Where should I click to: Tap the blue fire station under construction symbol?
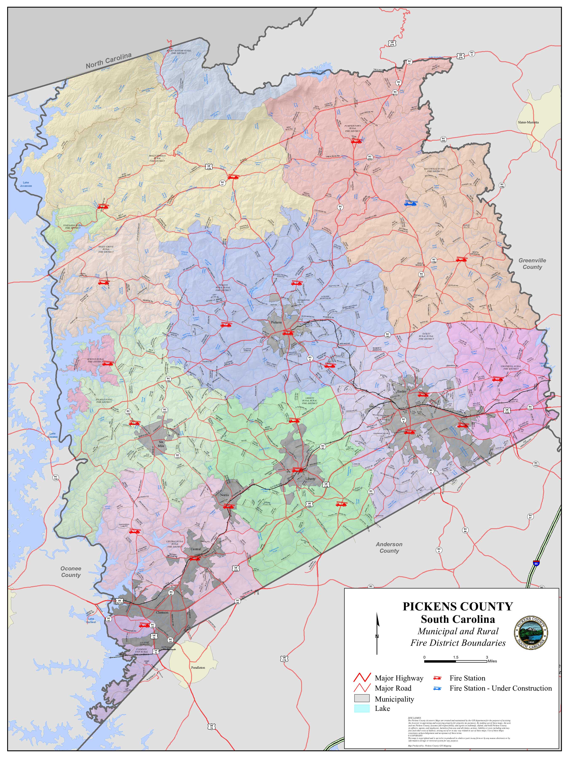(410, 203)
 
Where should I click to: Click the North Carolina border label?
(108, 60)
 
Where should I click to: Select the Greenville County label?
(532, 264)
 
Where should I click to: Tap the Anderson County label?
(389, 547)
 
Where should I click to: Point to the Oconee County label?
(71, 572)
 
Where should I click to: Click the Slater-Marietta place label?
(528, 122)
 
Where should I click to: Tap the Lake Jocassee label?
(25, 184)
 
